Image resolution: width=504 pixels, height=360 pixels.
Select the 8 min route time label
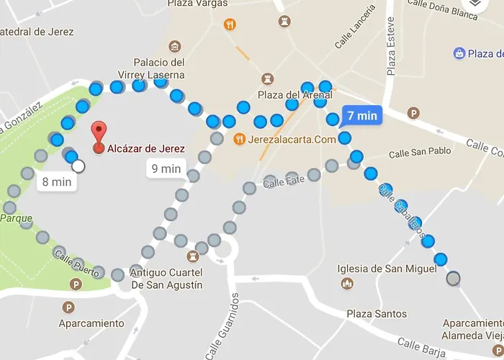pos(56,182)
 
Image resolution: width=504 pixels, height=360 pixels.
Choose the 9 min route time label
pos(166,169)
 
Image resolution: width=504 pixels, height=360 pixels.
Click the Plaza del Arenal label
pos(295,94)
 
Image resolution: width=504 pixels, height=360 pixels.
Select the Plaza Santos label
pos(377,314)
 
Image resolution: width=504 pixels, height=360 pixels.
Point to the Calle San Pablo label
pos(420,153)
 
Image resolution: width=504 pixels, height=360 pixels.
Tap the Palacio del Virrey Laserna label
pos(158,68)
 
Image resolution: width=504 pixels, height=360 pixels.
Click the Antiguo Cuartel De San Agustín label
pos(166,279)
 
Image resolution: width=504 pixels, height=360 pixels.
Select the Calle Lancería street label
pos(355,27)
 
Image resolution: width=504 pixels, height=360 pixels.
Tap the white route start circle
pos(78,167)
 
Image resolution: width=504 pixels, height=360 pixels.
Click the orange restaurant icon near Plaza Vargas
pos(230,24)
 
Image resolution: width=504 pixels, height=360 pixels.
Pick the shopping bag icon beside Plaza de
pos(459,53)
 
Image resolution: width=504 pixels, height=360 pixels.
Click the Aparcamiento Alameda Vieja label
pos(472,330)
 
